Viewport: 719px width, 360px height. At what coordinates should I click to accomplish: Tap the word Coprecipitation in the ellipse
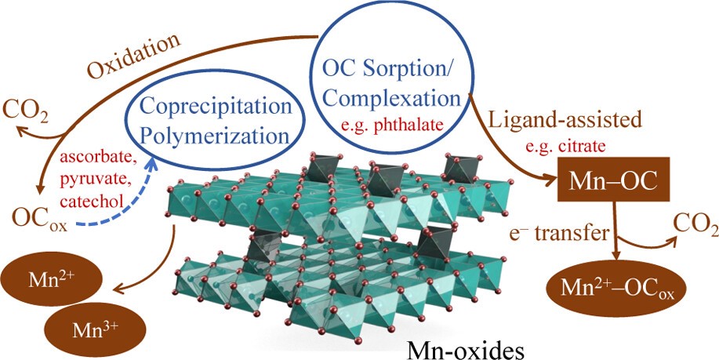[x=214, y=107]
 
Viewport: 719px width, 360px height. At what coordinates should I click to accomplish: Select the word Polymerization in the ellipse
[x=214, y=135]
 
